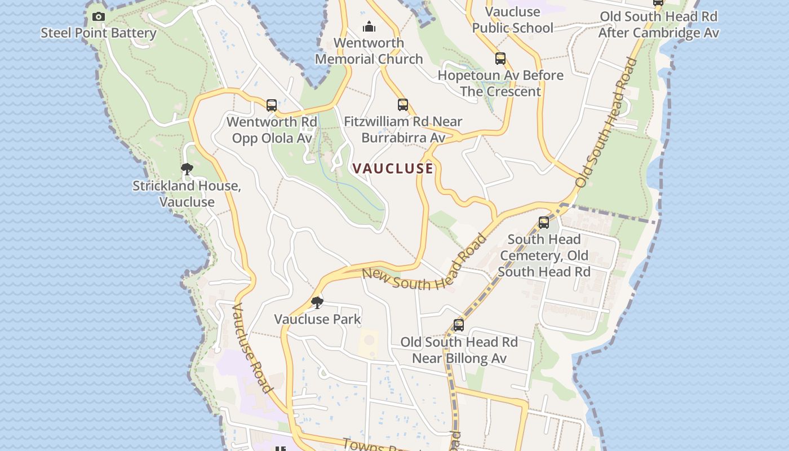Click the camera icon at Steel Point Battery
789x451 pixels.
pyautogui.click(x=99, y=17)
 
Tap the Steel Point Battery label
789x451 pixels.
pyautogui.click(x=99, y=33)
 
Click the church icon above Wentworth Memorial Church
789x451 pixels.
pyautogui.click(x=369, y=26)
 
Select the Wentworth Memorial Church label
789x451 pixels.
pyautogui.click(x=369, y=51)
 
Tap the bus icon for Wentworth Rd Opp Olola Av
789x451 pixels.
pyautogui.click(x=272, y=105)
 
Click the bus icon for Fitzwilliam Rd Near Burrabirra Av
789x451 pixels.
pyautogui.click(x=402, y=105)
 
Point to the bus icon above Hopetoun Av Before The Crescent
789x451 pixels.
pyautogui.click(x=500, y=59)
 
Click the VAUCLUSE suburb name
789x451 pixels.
pyautogui.click(x=393, y=169)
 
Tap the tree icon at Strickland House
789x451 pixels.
pyautogui.click(x=187, y=169)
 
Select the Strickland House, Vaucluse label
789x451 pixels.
pyautogui.click(x=187, y=194)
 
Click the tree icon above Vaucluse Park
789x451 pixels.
pyautogui.click(x=317, y=303)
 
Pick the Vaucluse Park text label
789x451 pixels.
pyautogui.click(x=317, y=319)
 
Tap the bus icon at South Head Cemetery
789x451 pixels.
pyautogui.click(x=544, y=223)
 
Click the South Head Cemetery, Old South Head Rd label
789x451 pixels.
pyautogui.click(x=544, y=255)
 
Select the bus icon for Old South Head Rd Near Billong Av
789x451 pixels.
pyautogui.click(x=459, y=325)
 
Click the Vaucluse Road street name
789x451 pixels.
pyautogui.click(x=252, y=348)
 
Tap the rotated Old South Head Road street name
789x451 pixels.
pyautogui.click(x=608, y=122)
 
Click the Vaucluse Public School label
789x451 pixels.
pyautogui.click(x=512, y=20)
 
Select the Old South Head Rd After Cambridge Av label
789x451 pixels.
pyautogui.click(x=658, y=25)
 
